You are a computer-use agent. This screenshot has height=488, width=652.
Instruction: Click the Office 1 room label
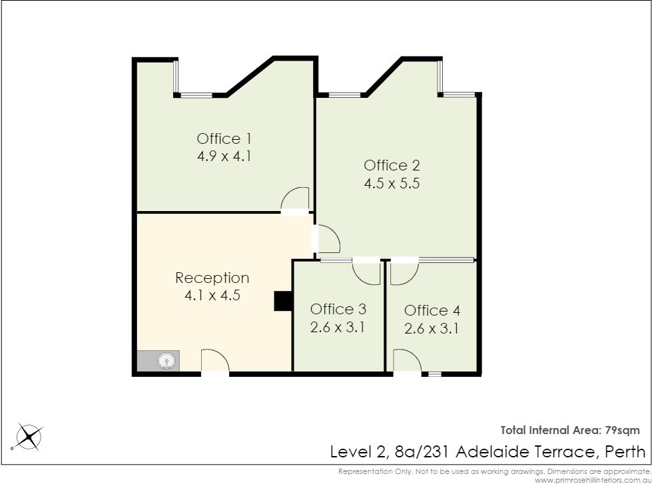pos(224,138)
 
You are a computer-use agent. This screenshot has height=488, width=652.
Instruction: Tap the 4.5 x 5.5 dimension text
pos(392,183)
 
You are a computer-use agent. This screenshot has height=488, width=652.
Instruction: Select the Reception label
pos(212,278)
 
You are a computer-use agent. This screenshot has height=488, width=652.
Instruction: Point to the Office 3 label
pos(338,310)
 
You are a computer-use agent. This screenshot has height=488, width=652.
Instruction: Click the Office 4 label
pos(432,310)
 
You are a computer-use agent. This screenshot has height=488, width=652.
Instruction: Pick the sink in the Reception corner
pos(166,361)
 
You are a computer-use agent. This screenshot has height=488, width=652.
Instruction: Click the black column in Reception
pos(283,302)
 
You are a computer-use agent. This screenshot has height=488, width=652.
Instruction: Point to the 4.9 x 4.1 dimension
pos(224,156)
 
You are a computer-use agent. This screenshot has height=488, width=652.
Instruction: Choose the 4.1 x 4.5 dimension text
pos(212,296)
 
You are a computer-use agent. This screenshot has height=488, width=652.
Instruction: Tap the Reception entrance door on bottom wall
pos(215,361)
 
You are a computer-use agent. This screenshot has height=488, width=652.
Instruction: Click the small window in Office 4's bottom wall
pos(434,374)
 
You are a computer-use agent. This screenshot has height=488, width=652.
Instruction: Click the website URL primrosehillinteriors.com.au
pos(593,481)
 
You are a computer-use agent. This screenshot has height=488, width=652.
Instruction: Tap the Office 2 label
pos(392,165)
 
